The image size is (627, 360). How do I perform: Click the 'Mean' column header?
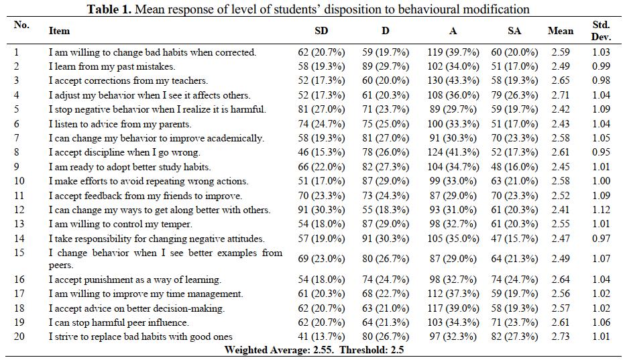coord(560,31)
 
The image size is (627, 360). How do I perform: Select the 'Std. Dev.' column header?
coord(601,31)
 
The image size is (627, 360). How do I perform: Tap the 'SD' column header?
coord(321,31)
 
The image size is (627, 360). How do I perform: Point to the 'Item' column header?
coord(59,31)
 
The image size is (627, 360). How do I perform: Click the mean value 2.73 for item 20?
coord(561,337)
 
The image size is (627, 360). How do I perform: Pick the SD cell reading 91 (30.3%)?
coord(321,210)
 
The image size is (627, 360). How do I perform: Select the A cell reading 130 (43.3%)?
coord(453,80)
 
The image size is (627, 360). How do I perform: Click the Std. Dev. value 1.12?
coord(601,210)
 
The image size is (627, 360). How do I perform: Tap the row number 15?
coord(19,253)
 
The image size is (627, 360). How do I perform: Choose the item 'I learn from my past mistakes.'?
coord(112,66)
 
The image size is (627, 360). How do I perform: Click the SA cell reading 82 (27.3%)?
coord(514,337)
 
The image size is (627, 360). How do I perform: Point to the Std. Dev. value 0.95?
coord(601,152)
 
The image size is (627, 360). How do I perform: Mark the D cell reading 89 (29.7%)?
coord(386,66)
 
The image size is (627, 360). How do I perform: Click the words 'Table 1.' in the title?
coord(109,9)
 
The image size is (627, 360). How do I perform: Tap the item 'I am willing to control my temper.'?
coord(120,224)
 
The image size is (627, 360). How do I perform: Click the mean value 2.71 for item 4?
coord(561,95)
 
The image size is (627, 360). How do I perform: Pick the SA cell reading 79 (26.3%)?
coord(514,95)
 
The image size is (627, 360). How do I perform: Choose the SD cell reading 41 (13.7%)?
coord(321,337)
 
